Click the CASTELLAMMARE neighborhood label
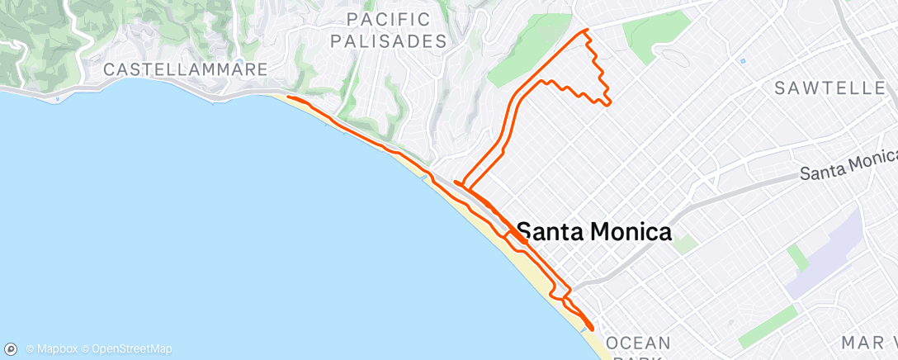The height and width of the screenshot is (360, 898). (x=185, y=70)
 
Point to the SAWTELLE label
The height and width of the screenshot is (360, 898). (x=829, y=88)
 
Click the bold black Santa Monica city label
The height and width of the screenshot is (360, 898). (x=594, y=233)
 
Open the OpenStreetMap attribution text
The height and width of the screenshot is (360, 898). (x=132, y=348)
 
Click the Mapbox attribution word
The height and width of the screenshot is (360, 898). (x=56, y=348)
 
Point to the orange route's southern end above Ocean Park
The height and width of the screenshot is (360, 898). (x=592, y=329)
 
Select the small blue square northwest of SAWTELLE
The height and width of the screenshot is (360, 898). (x=743, y=61)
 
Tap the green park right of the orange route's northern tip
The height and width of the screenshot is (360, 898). (x=656, y=31)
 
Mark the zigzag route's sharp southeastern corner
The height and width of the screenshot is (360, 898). (x=610, y=102)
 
